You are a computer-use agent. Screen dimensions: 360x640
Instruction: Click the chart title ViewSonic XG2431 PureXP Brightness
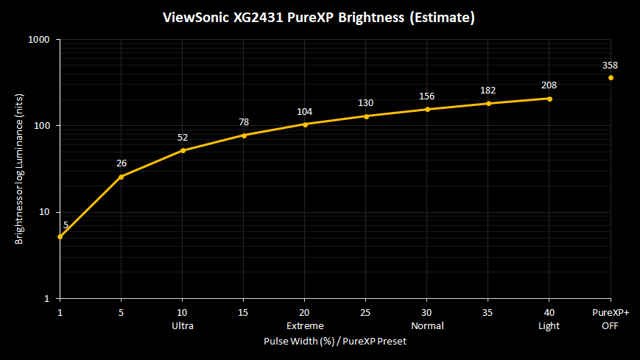(x=320, y=17)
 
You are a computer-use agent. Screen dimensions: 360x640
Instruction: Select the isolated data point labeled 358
(x=611, y=77)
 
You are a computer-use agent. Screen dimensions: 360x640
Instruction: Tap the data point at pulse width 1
(x=60, y=236)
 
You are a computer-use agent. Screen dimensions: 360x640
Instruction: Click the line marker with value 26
(x=122, y=177)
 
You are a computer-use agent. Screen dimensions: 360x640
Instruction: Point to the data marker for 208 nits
(x=549, y=99)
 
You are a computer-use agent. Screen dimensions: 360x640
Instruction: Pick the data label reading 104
(x=305, y=112)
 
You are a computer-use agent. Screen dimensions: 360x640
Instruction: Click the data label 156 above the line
(x=427, y=96)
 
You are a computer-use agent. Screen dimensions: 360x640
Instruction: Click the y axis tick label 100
(x=41, y=126)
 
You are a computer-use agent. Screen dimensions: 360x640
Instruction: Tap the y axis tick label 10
(x=43, y=212)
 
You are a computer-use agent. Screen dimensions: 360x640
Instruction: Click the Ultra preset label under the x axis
(x=183, y=325)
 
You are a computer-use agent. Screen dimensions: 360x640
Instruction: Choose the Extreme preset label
(x=305, y=325)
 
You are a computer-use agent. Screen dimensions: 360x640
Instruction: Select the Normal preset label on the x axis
(x=427, y=325)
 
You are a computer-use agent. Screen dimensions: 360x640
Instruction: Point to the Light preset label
(x=549, y=325)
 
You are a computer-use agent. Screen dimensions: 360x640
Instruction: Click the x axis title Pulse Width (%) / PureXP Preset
(x=335, y=342)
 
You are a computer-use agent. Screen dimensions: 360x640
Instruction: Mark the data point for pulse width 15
(x=244, y=135)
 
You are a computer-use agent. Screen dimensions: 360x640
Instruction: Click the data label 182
(x=488, y=91)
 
